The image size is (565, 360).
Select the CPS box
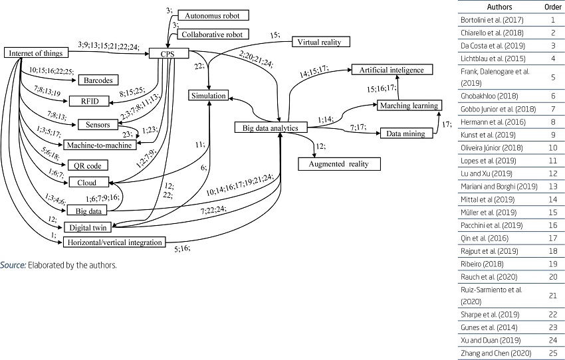point(173,52)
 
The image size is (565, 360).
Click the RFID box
point(88,102)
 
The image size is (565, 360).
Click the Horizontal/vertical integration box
point(114,242)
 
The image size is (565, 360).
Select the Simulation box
point(210,96)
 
